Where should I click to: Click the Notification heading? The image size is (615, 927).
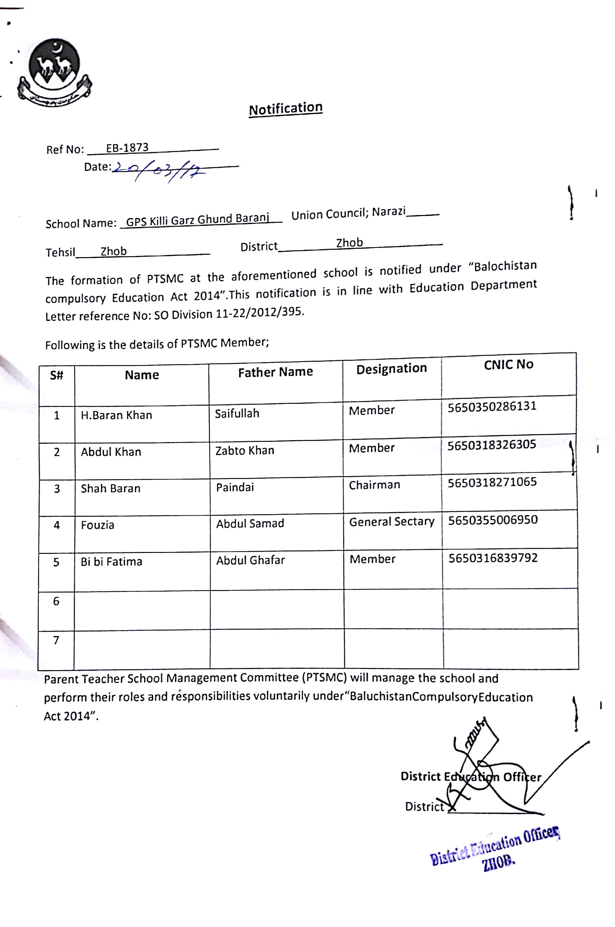tap(286, 109)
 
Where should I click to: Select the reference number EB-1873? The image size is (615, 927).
tap(127, 148)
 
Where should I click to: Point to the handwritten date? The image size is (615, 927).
tap(159, 171)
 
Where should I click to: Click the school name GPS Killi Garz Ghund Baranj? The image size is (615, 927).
tap(197, 219)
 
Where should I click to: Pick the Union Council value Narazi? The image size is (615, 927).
tap(388, 212)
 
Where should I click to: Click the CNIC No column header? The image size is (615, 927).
tap(508, 364)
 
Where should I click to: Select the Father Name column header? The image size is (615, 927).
tap(275, 372)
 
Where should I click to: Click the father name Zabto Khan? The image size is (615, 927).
tap(245, 451)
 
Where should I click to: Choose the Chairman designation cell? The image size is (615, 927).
tap(374, 485)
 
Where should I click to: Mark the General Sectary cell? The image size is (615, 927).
tap(391, 522)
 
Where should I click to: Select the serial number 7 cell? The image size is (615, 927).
tap(56, 640)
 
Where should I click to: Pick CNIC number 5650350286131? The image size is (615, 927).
tap(492, 407)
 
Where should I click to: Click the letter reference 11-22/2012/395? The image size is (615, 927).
tap(259, 313)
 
